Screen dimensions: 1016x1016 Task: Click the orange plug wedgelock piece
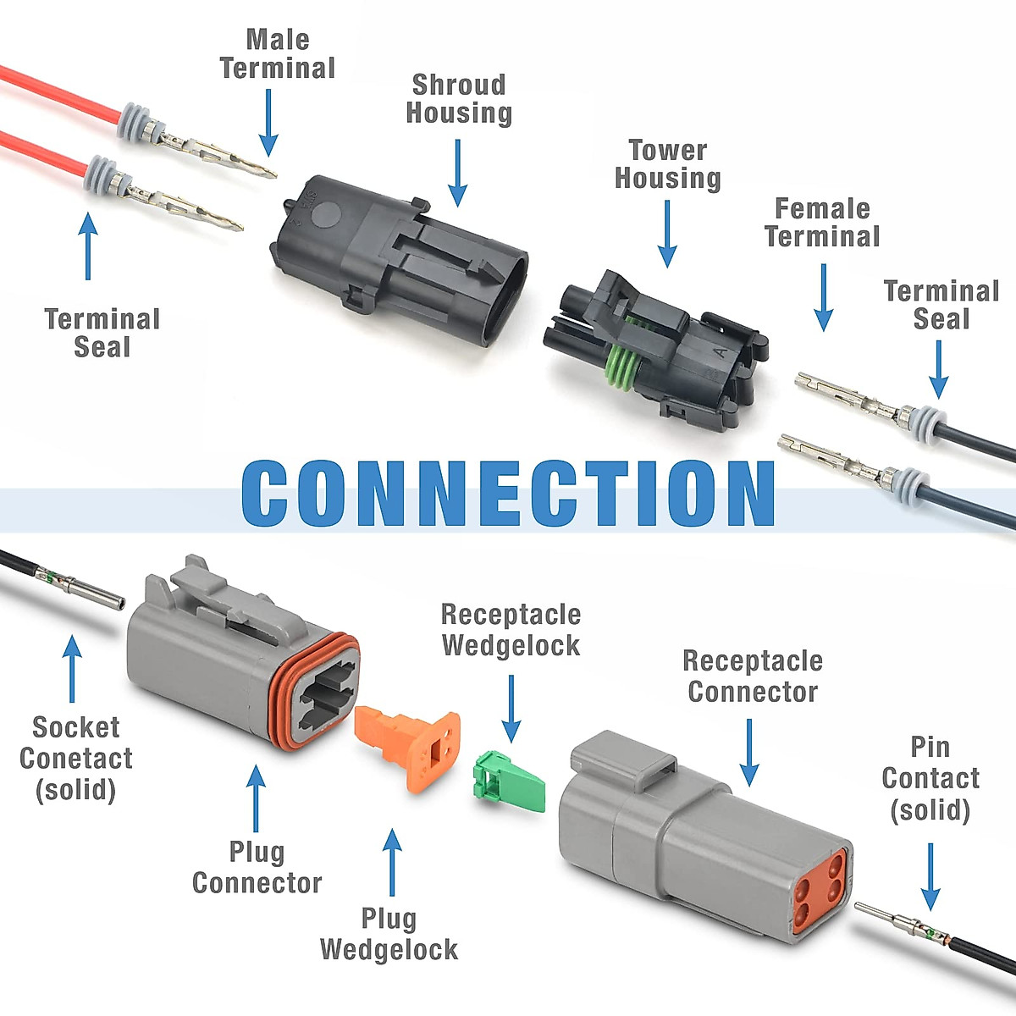pos(407,749)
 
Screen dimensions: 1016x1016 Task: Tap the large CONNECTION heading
pos(508,494)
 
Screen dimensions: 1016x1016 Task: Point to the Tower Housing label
pos(667,164)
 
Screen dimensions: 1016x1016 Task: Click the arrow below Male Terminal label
pos(268,122)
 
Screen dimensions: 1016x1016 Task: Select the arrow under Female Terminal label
pos(824,298)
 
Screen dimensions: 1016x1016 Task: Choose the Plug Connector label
pos(257,867)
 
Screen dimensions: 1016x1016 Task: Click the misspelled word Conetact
pos(76,758)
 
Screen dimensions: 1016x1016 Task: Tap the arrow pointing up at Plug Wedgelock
pos(392,862)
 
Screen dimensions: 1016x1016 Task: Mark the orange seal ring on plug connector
pos(316,692)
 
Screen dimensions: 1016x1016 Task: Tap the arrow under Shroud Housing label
pos(458,173)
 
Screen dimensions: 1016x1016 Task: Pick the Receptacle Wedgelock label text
pos(511,630)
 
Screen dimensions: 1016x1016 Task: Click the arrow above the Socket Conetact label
pos(72,669)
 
